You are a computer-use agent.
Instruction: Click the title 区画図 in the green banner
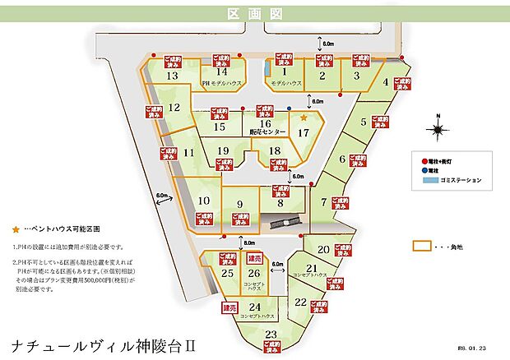(x=254, y=15)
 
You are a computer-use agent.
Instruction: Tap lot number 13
(x=172, y=76)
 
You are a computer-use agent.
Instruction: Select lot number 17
(x=304, y=132)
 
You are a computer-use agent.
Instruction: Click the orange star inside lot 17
(x=304, y=118)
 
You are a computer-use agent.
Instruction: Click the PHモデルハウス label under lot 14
(x=221, y=83)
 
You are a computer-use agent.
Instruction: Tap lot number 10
(x=205, y=200)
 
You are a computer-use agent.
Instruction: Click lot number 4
(x=385, y=81)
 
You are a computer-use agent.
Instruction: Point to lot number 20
(x=323, y=249)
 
